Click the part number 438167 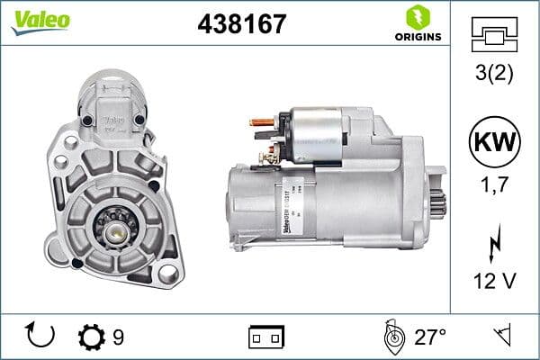coord(241,24)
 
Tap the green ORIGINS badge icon coord(417,17)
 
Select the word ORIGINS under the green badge coord(418,37)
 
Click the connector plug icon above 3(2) coord(495,34)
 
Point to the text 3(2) coord(495,72)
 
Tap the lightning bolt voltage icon coord(495,243)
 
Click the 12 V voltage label coord(495,283)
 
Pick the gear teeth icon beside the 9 coord(92,337)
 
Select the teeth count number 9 coord(118,337)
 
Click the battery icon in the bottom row coord(266,337)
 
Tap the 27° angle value coord(430,337)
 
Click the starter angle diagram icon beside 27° coord(392,337)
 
